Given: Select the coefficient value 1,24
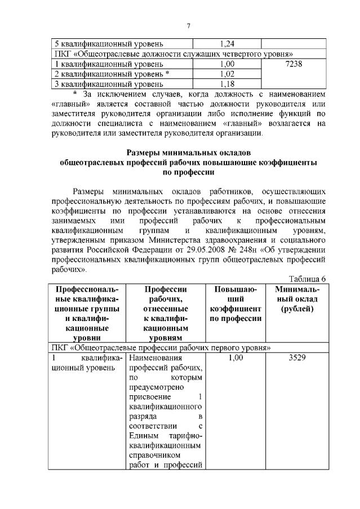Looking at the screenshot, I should pyautogui.click(x=227, y=43).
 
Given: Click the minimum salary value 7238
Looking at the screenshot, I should pyautogui.click(x=294, y=64).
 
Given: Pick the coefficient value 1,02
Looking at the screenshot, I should pyautogui.click(x=227, y=74).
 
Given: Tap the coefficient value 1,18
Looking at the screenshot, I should pyautogui.click(x=227, y=84).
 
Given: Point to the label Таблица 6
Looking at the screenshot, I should pyautogui.click(x=307, y=278).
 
